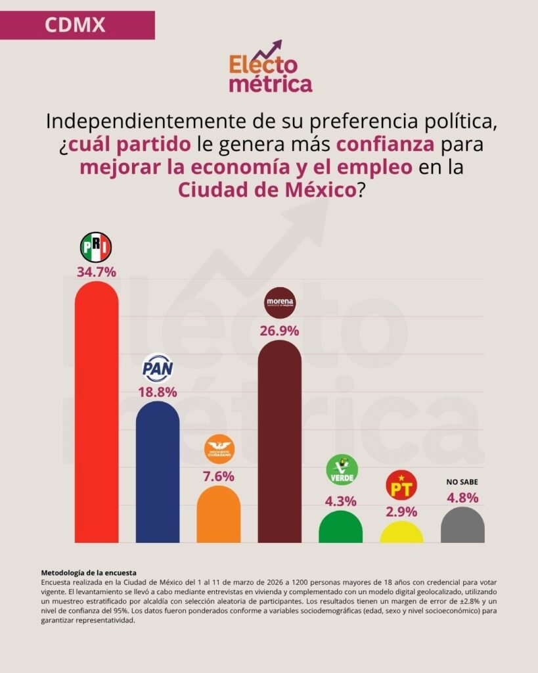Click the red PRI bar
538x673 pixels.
coord(97,414)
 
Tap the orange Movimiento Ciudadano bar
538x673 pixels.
coord(219,516)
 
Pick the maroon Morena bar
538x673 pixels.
coord(280,444)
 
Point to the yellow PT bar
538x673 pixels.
coord(402,533)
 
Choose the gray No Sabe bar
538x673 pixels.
coord(462,526)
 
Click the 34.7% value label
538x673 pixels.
coord(97,271)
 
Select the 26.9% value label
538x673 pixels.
coord(280,330)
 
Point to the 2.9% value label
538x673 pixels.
coord(402,511)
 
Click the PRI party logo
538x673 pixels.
coord(96,247)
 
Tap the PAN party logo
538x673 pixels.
coord(158,368)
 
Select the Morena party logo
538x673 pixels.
coord(280,303)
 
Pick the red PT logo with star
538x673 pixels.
coord(401,486)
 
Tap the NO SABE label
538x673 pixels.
coord(462,482)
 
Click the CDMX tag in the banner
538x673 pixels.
coord(75,25)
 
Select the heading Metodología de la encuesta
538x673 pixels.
coord(88,573)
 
